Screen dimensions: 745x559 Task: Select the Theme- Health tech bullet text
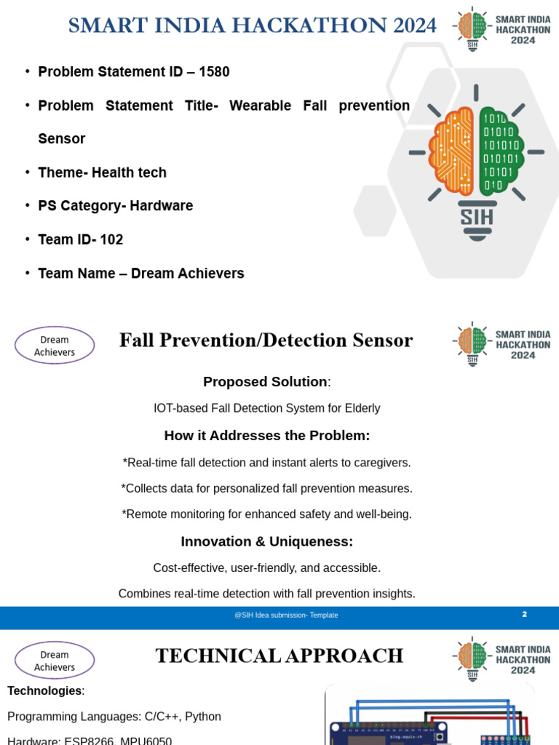tap(102, 172)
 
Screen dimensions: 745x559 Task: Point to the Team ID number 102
tap(111, 239)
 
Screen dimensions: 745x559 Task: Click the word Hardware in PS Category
tap(162, 206)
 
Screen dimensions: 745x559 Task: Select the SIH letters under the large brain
tap(476, 217)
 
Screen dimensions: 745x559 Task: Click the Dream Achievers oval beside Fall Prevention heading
tap(55, 346)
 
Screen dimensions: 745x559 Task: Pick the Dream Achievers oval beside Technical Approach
tap(55, 661)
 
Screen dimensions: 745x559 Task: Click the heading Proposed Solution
tap(265, 382)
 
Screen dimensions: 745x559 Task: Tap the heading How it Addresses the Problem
tap(267, 436)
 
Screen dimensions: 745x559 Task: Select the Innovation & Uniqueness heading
tap(266, 542)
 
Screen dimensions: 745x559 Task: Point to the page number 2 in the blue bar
tap(524, 615)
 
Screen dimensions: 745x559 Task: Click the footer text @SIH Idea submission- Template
tap(286, 615)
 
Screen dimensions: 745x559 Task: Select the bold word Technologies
tap(44, 690)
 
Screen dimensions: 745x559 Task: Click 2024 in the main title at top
tap(413, 25)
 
